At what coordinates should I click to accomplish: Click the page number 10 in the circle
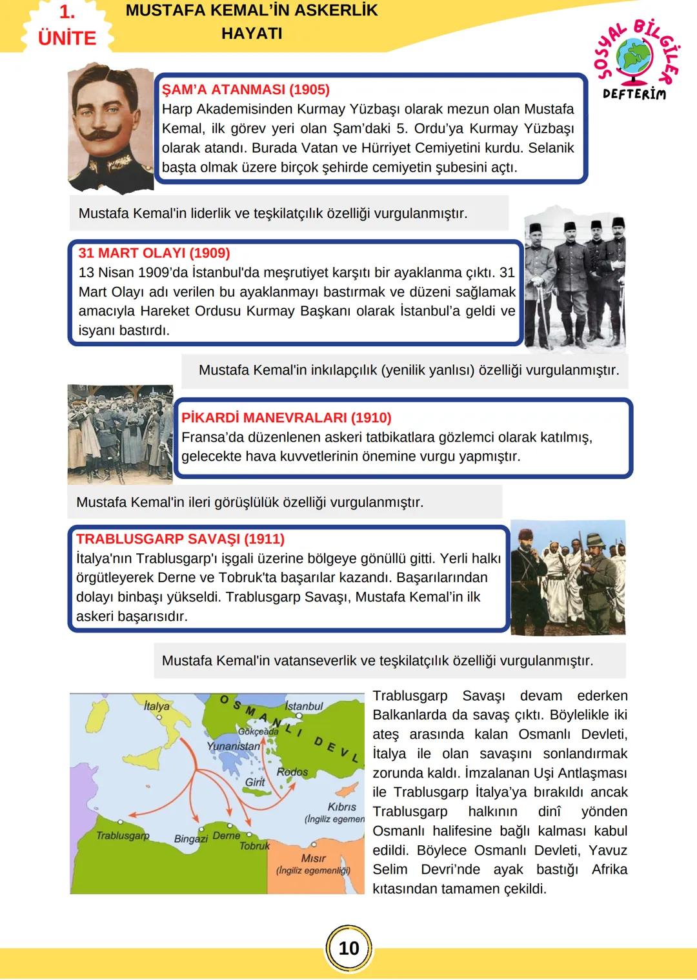[348, 948]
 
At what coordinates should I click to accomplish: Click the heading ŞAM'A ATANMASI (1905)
[245, 90]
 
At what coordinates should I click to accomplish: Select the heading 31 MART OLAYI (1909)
[154, 253]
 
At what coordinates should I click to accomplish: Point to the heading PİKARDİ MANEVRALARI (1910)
[286, 418]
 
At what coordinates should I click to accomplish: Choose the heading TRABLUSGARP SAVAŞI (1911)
[180, 539]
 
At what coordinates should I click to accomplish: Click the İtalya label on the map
[156, 706]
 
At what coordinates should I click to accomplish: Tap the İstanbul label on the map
[303, 706]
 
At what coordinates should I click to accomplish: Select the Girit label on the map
[255, 782]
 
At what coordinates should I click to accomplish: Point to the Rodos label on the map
[292, 772]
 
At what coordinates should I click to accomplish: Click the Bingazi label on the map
[191, 839]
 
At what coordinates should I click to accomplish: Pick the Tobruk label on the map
[254, 845]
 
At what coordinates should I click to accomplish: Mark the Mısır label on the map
[313, 858]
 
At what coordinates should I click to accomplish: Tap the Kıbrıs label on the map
[341, 807]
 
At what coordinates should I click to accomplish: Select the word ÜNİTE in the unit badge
[67, 38]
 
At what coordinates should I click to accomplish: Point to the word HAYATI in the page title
[252, 34]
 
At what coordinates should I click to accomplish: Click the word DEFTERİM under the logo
[633, 94]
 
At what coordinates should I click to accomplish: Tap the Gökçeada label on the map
[258, 732]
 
